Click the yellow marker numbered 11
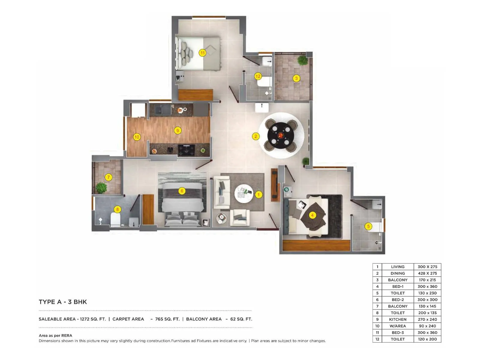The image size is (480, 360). pos(202,53)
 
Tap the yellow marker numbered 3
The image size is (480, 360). pos(296,79)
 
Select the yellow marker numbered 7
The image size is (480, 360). pos(109,177)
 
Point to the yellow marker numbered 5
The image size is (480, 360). pos(368,226)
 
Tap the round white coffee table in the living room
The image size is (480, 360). pos(244,193)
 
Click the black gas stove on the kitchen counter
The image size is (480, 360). pos(186,150)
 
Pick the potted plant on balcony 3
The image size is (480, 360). pos(302,60)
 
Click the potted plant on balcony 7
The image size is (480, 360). pos(101,188)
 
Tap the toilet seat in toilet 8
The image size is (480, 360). pos(115,220)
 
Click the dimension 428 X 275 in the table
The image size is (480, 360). pos(427,273)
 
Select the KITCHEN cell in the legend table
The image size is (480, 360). pos(397,319)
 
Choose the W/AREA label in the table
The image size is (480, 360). pos(397,326)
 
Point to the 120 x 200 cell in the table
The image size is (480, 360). pos(427,339)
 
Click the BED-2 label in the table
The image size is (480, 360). pos(397,300)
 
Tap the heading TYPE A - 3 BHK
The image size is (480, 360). pos(63,302)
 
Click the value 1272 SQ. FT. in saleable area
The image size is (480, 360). pos(93,319)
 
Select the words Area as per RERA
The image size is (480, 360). pos(55,335)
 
